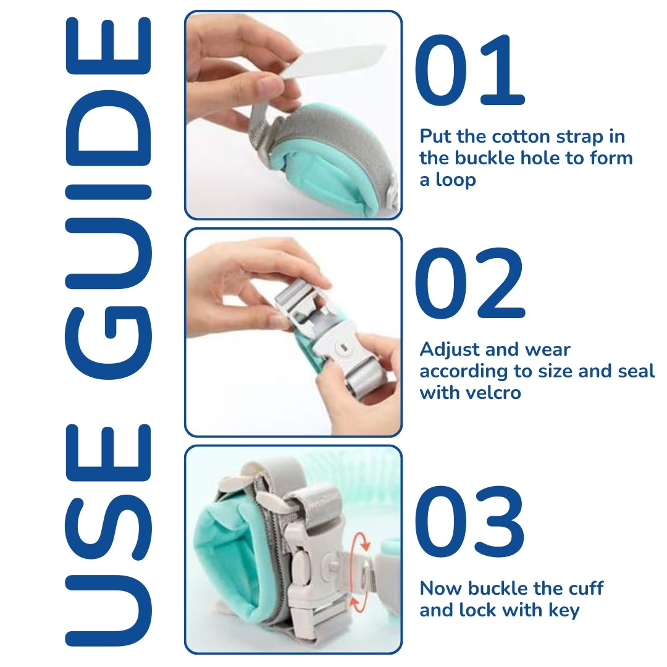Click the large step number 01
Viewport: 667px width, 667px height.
coord(469,70)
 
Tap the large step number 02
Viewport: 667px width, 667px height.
coord(469,283)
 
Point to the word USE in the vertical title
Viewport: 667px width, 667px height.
coord(109,535)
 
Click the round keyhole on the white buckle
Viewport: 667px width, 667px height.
coord(342,348)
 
